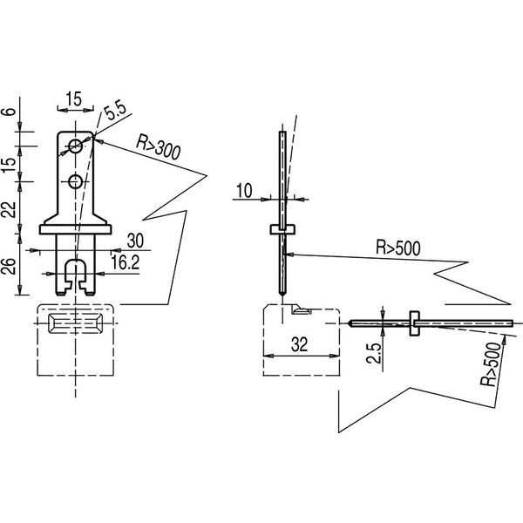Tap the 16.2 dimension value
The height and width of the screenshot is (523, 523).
pos(126,263)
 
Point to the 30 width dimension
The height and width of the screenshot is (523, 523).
pos(135,241)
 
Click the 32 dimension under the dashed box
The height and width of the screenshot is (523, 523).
pos(299,344)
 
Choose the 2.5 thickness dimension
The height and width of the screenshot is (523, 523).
pos(374,352)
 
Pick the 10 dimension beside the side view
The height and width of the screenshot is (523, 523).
pos(244,191)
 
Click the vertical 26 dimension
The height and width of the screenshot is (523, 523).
pos(10,266)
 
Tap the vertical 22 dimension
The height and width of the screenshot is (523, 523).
pos(10,209)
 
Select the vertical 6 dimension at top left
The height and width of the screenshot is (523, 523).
pos(10,111)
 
